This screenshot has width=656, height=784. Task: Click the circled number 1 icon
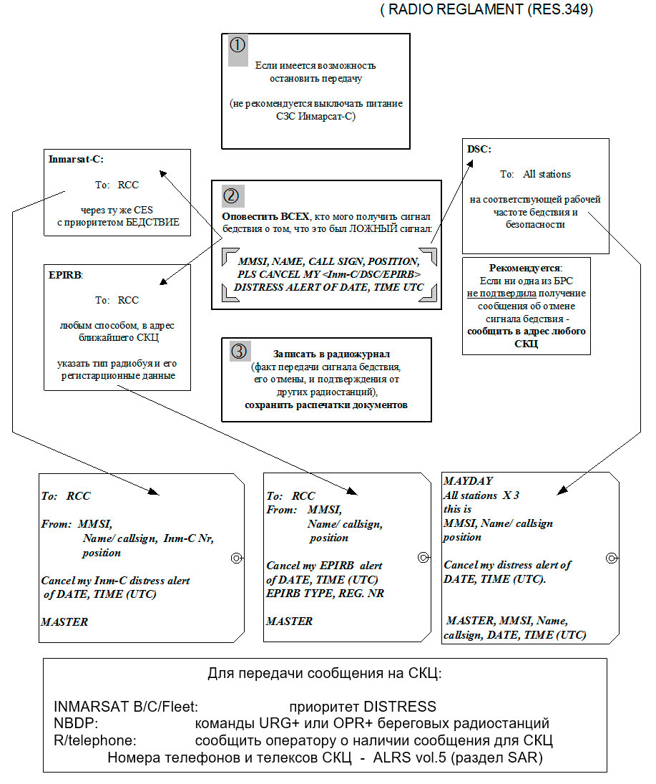(238, 45)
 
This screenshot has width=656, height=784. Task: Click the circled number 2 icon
(234, 195)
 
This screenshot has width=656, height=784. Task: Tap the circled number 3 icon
(240, 351)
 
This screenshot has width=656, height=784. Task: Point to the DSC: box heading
(479, 150)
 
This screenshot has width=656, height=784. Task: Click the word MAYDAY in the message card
(468, 480)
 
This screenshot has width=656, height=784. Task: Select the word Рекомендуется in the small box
(525, 268)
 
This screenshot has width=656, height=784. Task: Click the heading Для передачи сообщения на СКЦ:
(325, 674)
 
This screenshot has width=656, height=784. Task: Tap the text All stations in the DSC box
(547, 174)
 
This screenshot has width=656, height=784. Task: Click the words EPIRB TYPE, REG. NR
(325, 594)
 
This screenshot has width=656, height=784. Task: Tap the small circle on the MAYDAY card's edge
(612, 558)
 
